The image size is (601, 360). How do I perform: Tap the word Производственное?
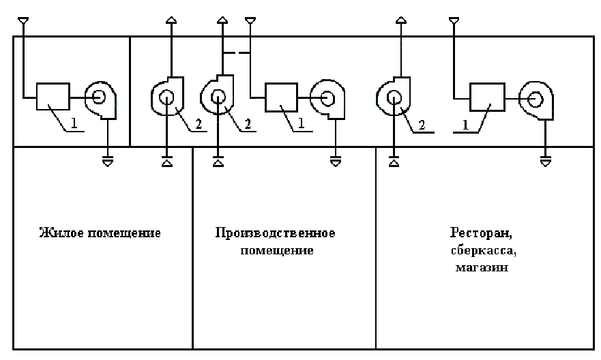pyautogui.click(x=275, y=233)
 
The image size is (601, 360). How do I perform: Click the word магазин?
pyautogui.click(x=482, y=267)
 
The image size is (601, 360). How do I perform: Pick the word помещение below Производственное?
pyautogui.click(x=277, y=250)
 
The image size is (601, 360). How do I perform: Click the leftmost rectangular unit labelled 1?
pyautogui.click(x=53, y=97)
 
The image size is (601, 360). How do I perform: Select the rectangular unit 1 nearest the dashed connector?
pyautogui.click(x=281, y=97)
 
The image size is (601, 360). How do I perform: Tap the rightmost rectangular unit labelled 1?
pyautogui.click(x=487, y=97)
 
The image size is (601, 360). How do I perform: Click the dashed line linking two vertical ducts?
pyautogui.click(x=236, y=52)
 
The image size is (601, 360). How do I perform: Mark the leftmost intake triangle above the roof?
pyautogui.click(x=23, y=20)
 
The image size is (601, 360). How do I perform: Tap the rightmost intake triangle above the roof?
pyautogui.click(x=454, y=20)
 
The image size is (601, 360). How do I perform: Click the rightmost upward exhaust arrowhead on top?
pyautogui.click(x=401, y=20)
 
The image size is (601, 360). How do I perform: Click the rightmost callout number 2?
pyautogui.click(x=422, y=125)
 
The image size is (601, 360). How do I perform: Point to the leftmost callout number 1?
pyautogui.click(x=74, y=123)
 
